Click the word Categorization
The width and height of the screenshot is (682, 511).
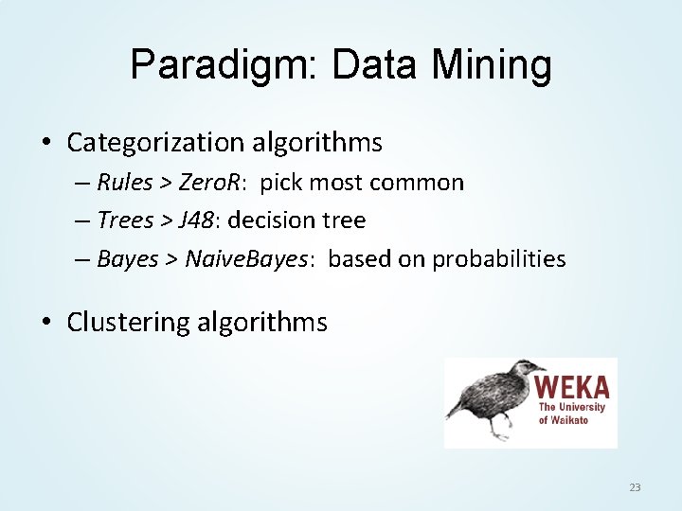[x=155, y=143]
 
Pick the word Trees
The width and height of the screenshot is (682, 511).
[x=125, y=220]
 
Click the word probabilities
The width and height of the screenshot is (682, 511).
[x=499, y=259]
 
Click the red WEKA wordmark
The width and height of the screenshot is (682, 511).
[x=571, y=387]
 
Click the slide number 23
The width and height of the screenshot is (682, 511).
[x=635, y=487]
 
